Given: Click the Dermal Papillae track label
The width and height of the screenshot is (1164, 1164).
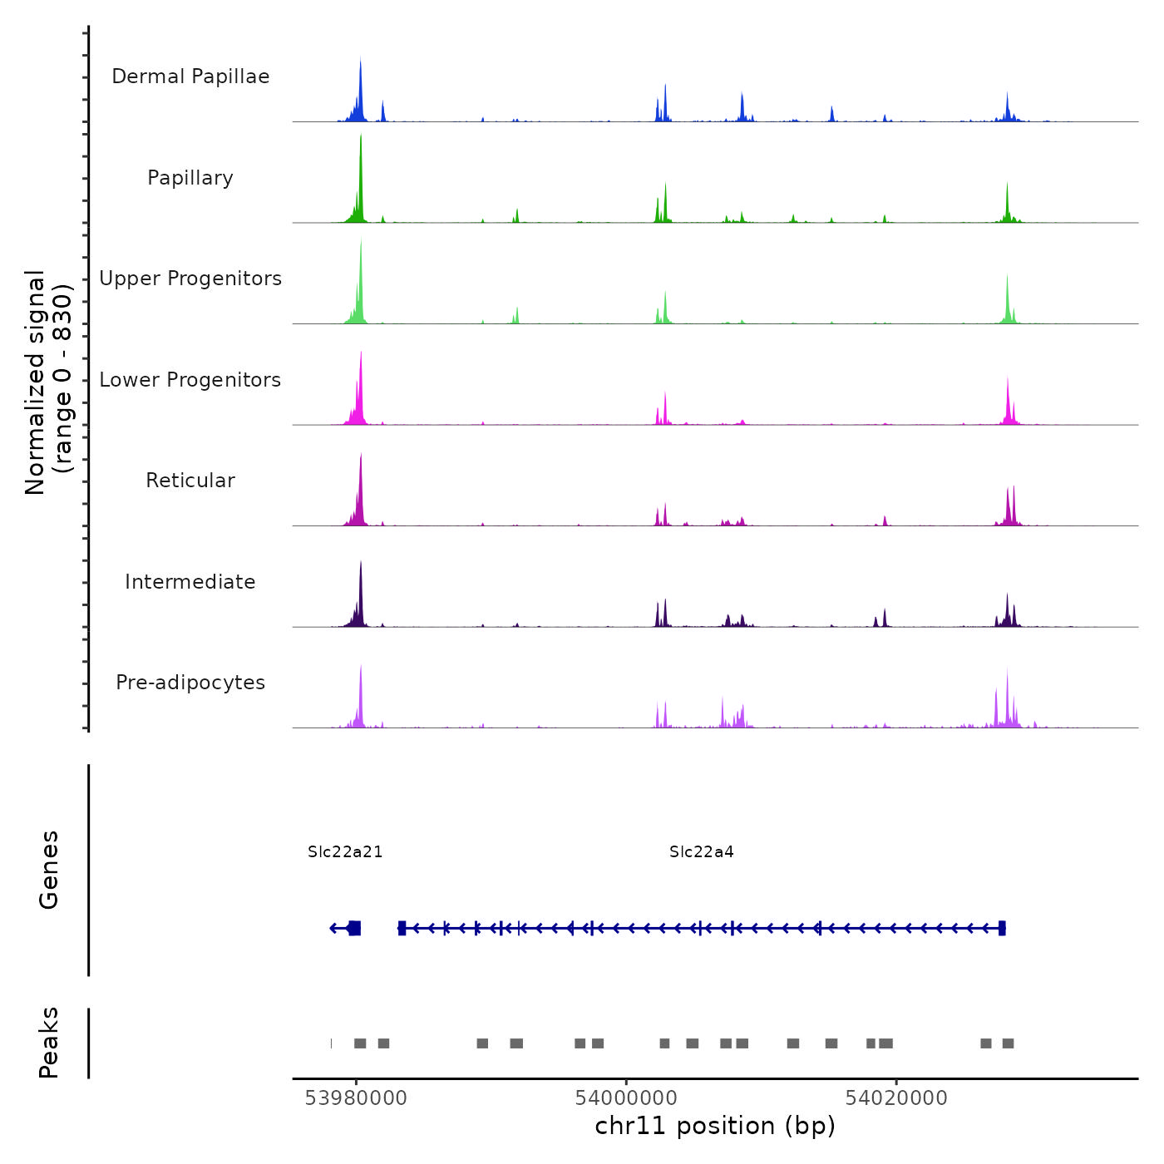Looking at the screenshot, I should (x=190, y=76).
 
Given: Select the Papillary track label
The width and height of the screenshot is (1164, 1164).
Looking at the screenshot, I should (x=190, y=178).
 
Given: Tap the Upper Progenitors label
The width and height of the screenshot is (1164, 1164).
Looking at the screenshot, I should (x=190, y=279).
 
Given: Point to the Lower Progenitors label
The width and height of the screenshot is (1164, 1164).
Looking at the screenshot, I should (x=190, y=380).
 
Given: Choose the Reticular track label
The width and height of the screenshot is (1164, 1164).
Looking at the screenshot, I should (x=190, y=481).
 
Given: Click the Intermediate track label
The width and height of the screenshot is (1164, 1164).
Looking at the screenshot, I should (x=190, y=582).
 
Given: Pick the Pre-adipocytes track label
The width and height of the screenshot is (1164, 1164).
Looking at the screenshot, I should (x=190, y=683).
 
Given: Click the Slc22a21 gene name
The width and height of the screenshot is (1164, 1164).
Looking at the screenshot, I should (x=345, y=851).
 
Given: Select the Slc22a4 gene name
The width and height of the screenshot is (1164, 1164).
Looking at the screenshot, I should (x=702, y=851).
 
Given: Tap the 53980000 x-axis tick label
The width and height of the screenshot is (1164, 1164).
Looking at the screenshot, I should (x=356, y=1098).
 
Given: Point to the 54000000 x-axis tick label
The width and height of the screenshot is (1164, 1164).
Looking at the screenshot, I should (x=626, y=1098).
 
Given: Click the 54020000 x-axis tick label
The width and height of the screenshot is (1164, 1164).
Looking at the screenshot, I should (x=896, y=1098).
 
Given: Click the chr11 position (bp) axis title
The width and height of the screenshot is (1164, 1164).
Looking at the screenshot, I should (x=715, y=1126).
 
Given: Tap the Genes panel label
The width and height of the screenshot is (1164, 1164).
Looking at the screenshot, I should (x=49, y=870).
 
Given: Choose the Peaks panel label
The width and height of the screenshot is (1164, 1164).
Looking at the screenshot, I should (x=49, y=1043).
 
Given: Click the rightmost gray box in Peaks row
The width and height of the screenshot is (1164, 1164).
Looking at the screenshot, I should (x=1008, y=1043).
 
